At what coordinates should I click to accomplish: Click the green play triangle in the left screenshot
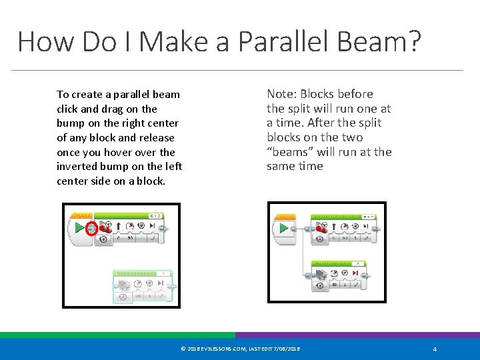coord(79,228)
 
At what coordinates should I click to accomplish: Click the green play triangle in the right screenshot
coord(284,228)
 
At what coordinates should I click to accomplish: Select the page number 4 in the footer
coord(435,349)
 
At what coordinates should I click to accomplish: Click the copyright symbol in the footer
coord(183,349)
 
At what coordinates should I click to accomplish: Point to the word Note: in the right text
coord(283,94)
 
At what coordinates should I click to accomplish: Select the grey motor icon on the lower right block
coord(323,275)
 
